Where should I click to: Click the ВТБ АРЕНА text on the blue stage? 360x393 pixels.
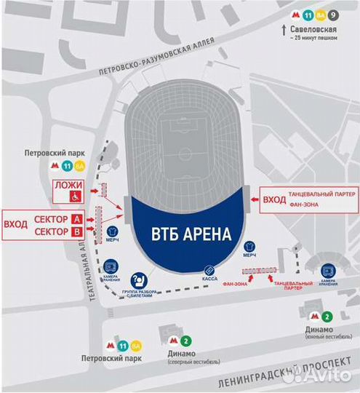coord(191,234)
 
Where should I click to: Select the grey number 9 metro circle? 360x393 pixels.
coord(333,12)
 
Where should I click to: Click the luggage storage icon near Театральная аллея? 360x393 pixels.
coord(111,266)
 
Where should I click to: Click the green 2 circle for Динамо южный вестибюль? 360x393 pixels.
coord(327,316)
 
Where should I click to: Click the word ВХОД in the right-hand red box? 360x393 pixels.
coord(273,199)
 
